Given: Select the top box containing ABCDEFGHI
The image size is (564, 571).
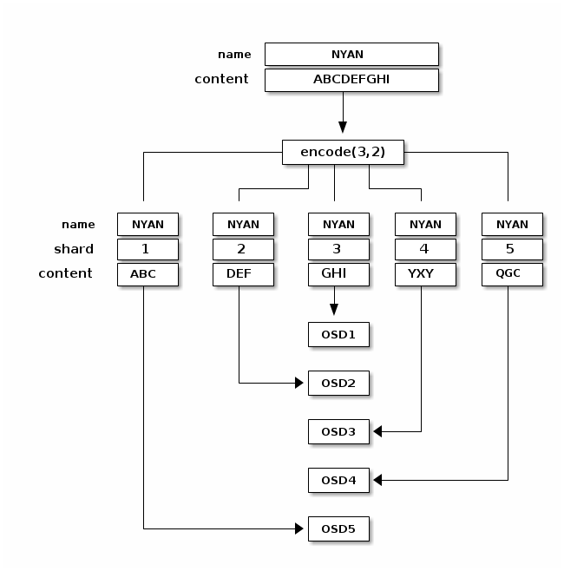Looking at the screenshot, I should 351,80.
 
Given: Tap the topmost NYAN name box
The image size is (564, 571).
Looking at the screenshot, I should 351,54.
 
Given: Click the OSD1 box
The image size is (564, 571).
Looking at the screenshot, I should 338,334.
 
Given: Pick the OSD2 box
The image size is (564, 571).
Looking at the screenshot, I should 338,383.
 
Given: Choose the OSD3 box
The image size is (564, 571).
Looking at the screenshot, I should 338,431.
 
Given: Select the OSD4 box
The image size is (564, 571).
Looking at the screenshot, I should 338,480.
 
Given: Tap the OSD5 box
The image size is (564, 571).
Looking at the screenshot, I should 338,528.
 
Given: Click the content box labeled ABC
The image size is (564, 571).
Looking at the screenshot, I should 148,274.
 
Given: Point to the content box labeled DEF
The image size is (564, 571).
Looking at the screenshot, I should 243,274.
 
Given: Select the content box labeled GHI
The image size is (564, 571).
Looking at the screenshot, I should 338,274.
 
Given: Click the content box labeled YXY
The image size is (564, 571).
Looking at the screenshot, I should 425,274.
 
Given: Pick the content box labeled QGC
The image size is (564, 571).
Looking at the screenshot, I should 512,274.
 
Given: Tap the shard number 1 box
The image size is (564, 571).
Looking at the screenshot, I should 148,249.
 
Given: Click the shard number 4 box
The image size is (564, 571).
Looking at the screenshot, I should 425,249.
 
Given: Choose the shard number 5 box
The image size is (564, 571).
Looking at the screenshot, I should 512,249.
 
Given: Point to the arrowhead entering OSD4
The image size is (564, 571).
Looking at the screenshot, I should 378,480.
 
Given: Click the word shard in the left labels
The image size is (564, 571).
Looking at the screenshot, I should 74,249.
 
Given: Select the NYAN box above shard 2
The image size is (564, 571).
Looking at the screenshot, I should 243,224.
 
